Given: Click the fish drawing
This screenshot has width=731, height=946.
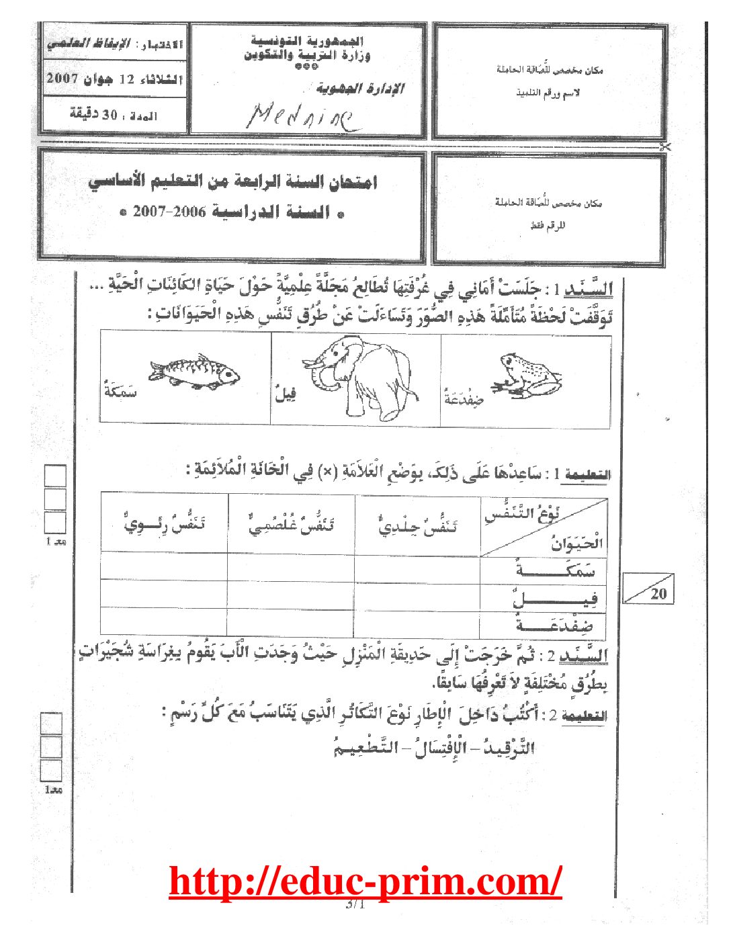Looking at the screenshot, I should click(194, 372).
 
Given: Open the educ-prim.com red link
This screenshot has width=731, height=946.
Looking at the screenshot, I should click(365, 881).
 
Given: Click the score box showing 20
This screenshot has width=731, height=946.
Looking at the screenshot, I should click(648, 589).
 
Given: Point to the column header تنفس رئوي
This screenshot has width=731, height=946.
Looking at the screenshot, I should click(164, 523).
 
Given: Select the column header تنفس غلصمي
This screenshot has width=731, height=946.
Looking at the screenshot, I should click(291, 523).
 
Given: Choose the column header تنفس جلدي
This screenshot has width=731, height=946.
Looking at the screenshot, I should click(417, 523).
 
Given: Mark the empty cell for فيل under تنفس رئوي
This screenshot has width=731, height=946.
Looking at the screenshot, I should click(163, 593).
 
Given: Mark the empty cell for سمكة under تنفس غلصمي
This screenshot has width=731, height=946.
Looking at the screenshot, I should click(291, 566).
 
